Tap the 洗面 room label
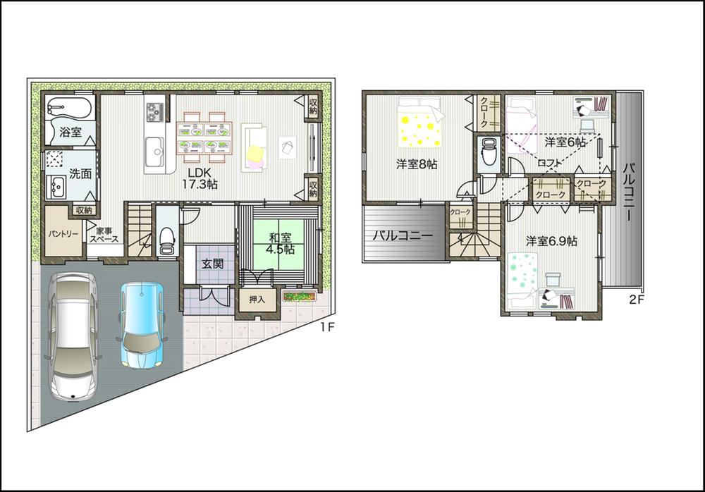[80, 174]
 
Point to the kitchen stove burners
[154, 111]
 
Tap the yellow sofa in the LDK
[254, 148]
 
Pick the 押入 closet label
[257, 300]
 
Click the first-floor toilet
[167, 240]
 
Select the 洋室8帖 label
[416, 164]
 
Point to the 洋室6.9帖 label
[551, 240]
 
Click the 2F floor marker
[637, 299]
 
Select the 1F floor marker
[325, 327]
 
